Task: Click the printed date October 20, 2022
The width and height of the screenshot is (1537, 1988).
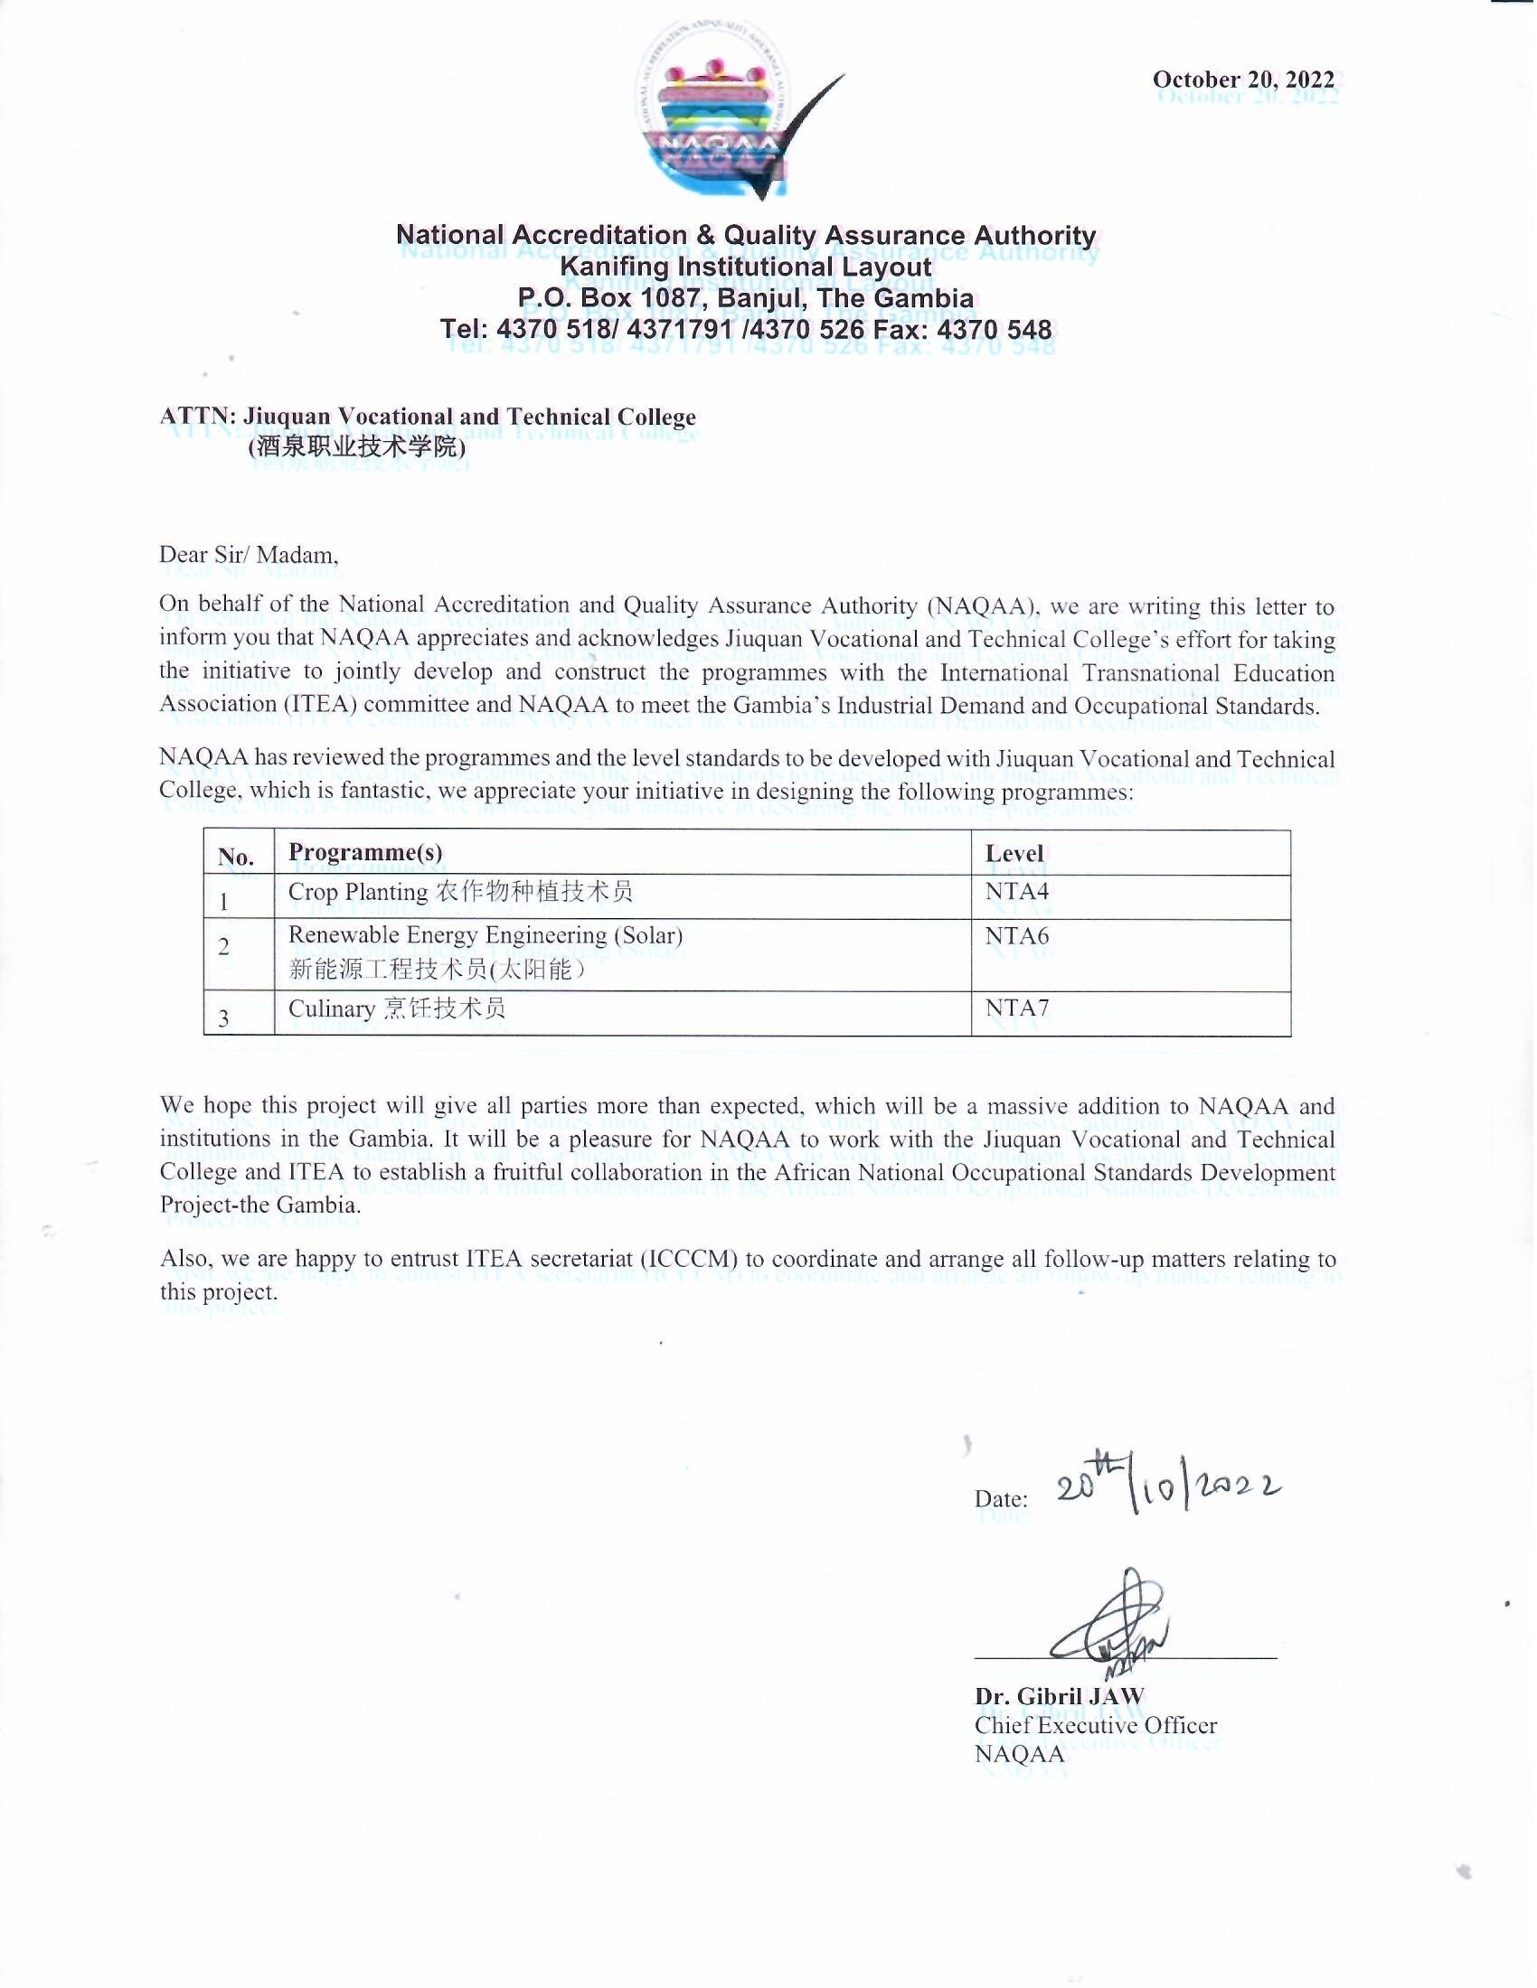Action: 1243,80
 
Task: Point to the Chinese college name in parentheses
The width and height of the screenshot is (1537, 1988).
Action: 356,447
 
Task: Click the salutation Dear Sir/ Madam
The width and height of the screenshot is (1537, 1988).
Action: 249,554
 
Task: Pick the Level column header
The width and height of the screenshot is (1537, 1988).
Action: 1014,853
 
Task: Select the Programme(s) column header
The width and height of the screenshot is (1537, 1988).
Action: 365,852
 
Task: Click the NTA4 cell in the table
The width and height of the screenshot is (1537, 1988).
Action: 1016,891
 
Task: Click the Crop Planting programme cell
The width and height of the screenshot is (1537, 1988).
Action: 460,892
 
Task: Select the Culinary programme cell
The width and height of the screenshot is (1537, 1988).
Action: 396,1008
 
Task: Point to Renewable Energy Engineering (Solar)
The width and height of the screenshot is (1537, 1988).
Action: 486,936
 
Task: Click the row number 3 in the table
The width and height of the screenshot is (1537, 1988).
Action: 224,1017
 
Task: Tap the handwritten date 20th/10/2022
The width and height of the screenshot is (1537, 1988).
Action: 1168,1489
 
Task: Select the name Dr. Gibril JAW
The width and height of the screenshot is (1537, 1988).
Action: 1059,1696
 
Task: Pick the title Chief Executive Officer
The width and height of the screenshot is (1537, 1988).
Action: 1096,1725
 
